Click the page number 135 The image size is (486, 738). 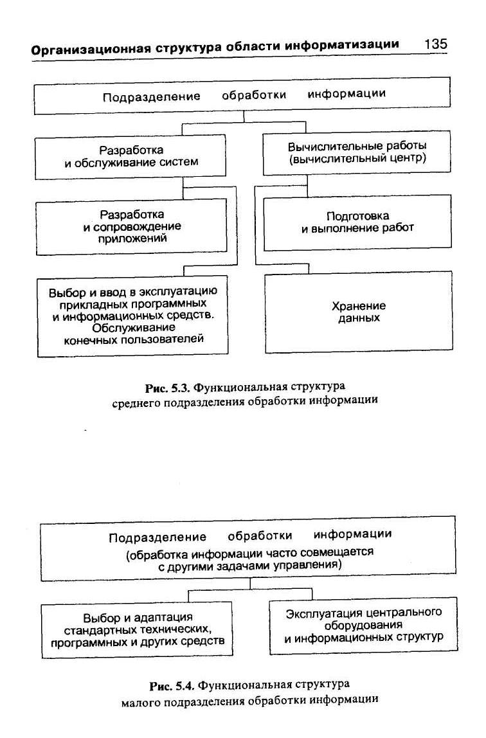435,45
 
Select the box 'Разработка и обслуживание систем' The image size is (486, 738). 130,156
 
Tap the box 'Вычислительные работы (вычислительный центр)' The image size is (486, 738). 357,152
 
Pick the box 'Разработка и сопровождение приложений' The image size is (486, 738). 131,226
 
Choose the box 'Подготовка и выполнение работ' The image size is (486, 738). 357,222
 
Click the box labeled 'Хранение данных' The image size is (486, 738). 358,312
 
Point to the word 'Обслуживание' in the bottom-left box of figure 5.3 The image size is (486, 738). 134,327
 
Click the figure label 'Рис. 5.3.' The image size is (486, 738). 168,388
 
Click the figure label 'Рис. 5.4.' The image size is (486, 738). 171,684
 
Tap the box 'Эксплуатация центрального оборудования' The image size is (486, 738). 363,625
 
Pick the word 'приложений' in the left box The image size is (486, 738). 133,238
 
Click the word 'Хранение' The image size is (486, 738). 358,306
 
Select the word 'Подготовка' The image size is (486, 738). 357,216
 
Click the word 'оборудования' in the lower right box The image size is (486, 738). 363,625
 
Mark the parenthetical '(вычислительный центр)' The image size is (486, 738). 357,158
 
